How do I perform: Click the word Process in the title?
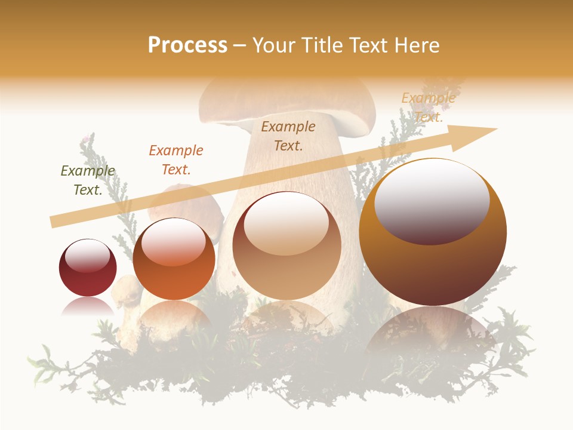point(187,45)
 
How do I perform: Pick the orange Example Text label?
point(176,160)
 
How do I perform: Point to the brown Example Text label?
point(288,136)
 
